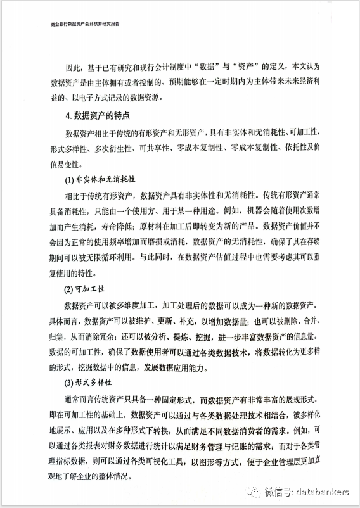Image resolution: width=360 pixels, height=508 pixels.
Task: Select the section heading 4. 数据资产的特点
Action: [97, 116]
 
